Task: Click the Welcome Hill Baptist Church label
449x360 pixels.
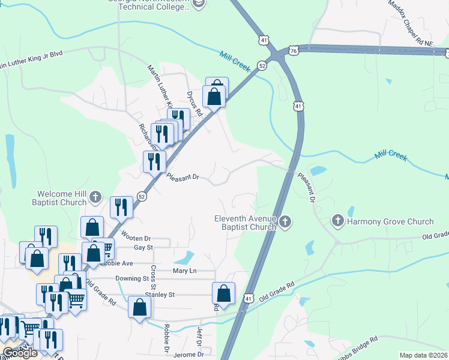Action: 62,198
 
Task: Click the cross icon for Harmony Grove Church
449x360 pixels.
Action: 338,221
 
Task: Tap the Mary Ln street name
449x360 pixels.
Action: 185,271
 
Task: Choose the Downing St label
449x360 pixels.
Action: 132,278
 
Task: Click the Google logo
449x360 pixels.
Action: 19,353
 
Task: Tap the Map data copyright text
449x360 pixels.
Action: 423,355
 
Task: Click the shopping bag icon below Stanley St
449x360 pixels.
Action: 140,308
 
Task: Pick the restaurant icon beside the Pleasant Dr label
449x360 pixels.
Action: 154,161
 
